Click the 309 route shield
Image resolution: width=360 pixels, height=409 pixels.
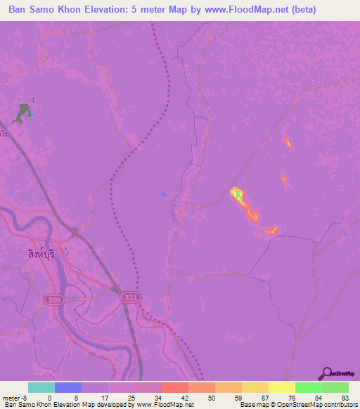click(53, 299)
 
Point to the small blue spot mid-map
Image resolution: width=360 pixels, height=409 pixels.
click(164, 195)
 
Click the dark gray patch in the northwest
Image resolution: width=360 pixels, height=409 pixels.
click(25, 112)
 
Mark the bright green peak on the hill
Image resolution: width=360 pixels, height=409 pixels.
click(238, 193)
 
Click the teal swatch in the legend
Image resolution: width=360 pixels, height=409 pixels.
click(41, 387)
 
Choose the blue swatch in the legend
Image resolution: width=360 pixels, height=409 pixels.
click(68, 387)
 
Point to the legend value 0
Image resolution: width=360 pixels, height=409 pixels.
click(49, 397)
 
